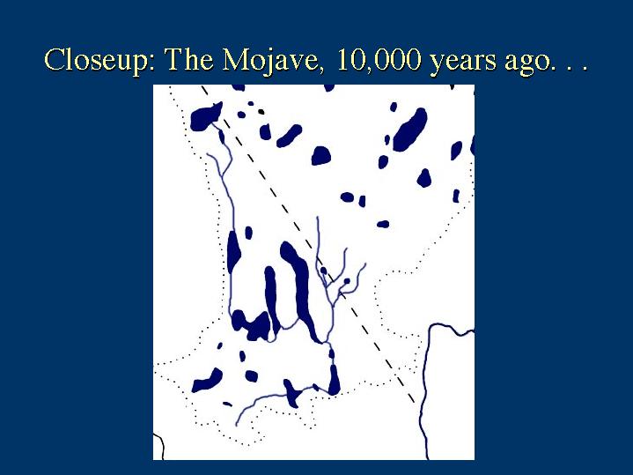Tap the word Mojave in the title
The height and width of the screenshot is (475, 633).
pos(271,61)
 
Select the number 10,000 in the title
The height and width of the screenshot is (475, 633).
pos(379,60)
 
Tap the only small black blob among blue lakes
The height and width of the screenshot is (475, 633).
pos(261,111)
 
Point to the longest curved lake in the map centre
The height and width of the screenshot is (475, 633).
pos(299,291)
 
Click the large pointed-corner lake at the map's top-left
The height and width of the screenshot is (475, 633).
pos(205,116)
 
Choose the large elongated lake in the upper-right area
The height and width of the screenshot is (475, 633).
pos(409,130)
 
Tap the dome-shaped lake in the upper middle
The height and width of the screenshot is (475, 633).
pos(321,156)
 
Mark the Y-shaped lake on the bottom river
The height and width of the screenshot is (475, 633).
pos(292,393)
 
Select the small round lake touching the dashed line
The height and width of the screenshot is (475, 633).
pos(323,270)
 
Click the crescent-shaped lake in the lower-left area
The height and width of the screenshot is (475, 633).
pos(207,381)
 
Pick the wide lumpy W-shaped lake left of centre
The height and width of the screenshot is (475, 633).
pos(251,324)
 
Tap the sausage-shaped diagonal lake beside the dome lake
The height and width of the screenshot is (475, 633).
pos(289,136)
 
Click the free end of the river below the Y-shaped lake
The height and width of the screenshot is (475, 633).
pos(236,426)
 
